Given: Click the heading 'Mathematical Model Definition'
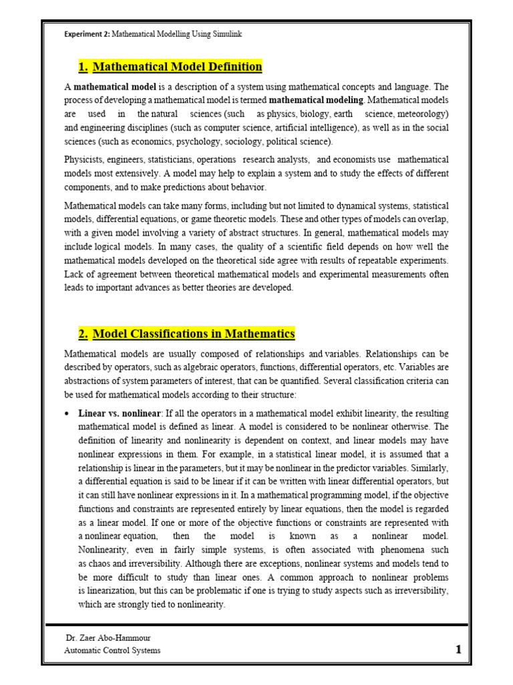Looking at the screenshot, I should click(x=177, y=67).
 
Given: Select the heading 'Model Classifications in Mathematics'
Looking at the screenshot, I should click(x=193, y=334).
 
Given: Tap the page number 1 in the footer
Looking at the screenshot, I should click(x=458, y=650).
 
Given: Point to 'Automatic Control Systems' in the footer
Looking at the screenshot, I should click(x=112, y=650).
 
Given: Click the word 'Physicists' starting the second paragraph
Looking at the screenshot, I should click(x=84, y=160).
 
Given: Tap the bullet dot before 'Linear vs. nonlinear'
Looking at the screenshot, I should click(x=67, y=414).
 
